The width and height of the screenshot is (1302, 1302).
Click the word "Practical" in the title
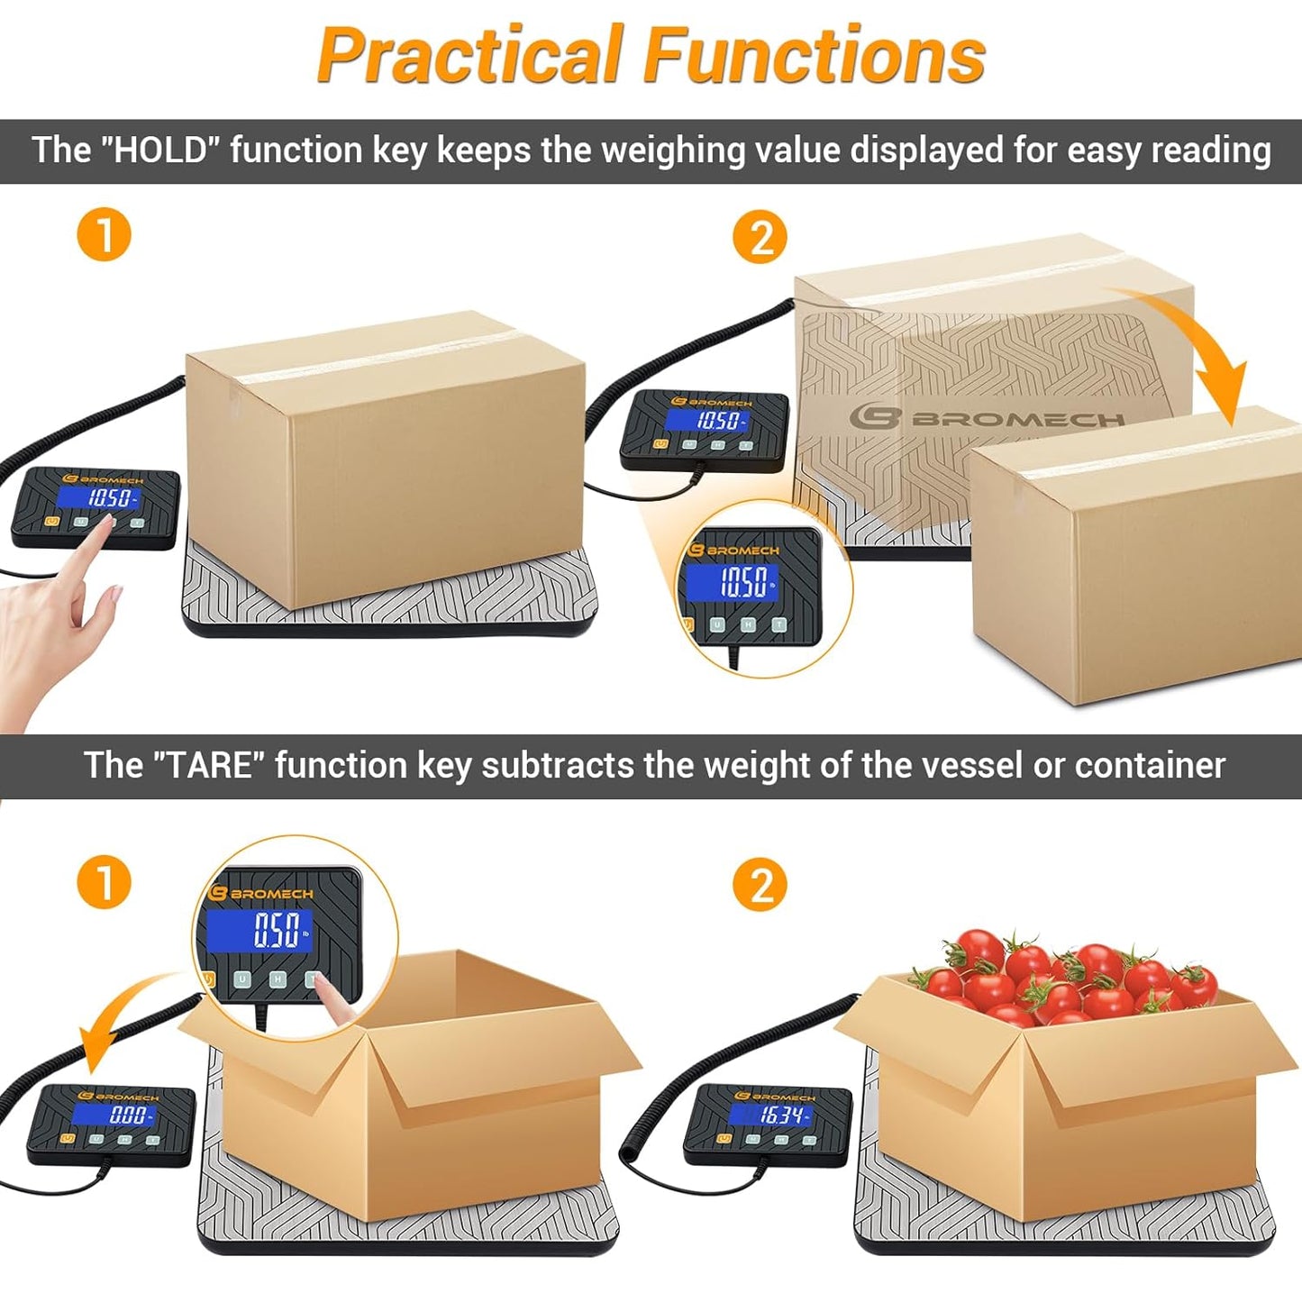469,55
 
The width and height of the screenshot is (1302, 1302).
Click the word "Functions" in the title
815,54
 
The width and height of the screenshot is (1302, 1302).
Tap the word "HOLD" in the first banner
159,150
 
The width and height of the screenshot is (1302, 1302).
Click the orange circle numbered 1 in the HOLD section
104,234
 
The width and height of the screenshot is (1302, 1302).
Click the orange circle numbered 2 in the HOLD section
760,237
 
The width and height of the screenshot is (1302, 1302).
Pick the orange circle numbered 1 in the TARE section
104,882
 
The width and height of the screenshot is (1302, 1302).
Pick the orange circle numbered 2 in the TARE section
760,885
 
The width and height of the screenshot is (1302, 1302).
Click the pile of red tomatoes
1063,974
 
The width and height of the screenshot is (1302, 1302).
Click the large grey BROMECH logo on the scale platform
987,419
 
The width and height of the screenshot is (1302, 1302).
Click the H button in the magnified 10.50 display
748,624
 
